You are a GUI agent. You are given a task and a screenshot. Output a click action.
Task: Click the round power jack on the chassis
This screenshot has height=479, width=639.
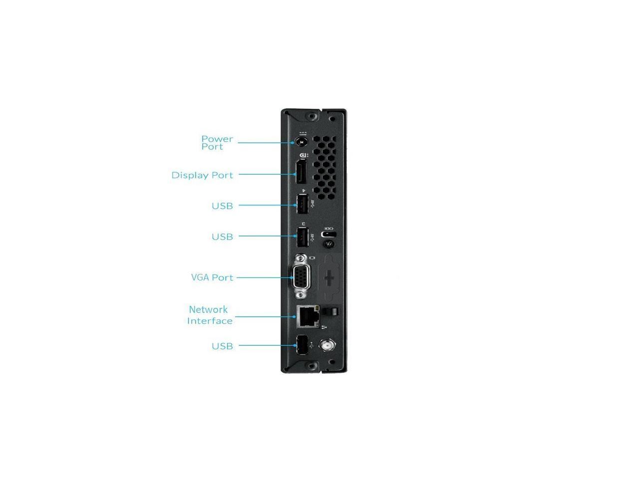[x=301, y=142]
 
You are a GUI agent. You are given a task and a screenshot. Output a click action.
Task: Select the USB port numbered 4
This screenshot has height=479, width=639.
[x=303, y=204]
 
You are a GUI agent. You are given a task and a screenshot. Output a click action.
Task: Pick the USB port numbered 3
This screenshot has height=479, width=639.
[x=303, y=237]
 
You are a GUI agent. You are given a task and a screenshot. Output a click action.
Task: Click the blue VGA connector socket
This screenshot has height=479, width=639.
[x=302, y=277]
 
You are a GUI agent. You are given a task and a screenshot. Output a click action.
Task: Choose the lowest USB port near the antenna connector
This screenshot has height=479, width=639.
[x=302, y=345]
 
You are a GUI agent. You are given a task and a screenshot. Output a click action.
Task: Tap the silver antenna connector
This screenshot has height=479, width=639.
[x=328, y=345]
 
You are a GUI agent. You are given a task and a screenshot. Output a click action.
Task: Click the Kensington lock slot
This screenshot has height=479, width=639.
[x=328, y=235]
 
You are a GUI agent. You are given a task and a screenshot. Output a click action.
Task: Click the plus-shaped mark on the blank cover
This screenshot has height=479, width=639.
[x=329, y=278]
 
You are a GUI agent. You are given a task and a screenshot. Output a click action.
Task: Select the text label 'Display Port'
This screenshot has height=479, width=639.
[x=202, y=175]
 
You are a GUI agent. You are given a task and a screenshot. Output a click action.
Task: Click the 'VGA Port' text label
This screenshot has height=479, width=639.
[x=212, y=277]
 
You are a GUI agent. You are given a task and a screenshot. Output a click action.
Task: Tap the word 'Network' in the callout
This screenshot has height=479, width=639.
[x=208, y=309]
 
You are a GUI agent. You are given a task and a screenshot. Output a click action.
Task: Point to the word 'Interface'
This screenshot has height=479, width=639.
[x=210, y=321]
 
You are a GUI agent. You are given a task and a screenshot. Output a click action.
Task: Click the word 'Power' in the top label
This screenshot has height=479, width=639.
[x=217, y=139]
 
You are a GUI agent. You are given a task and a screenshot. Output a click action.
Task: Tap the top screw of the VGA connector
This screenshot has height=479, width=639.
[x=301, y=258]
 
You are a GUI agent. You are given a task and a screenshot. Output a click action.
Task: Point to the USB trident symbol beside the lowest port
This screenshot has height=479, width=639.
[x=312, y=345]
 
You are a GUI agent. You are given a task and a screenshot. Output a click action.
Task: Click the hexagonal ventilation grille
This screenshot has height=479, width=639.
[x=324, y=168]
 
